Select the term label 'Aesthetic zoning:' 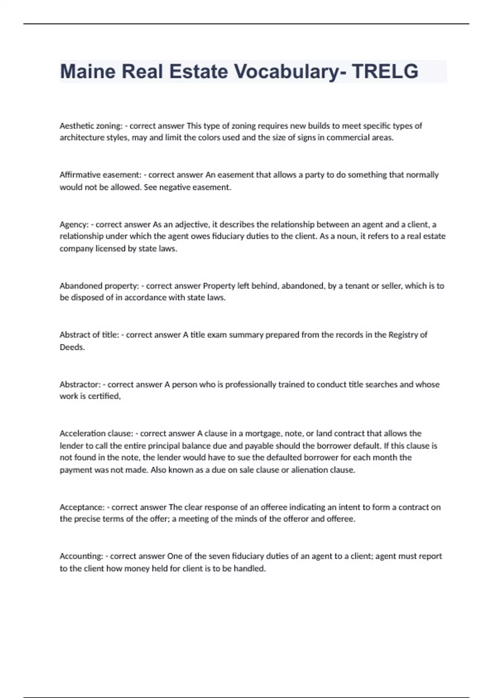click(x=91, y=126)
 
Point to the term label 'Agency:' click(x=74, y=225)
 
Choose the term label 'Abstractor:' click(x=80, y=385)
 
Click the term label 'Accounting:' click(x=81, y=556)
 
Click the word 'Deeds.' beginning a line click(x=72, y=347)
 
